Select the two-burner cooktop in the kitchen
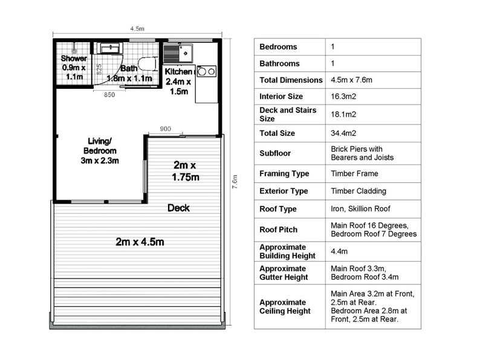pos(206,71)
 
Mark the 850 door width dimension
pos(109,95)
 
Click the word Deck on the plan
pos(178,208)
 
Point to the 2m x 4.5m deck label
pos(140,242)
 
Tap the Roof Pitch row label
pos(278,230)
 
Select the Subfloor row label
pos(275,153)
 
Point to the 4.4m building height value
pos(339,251)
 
